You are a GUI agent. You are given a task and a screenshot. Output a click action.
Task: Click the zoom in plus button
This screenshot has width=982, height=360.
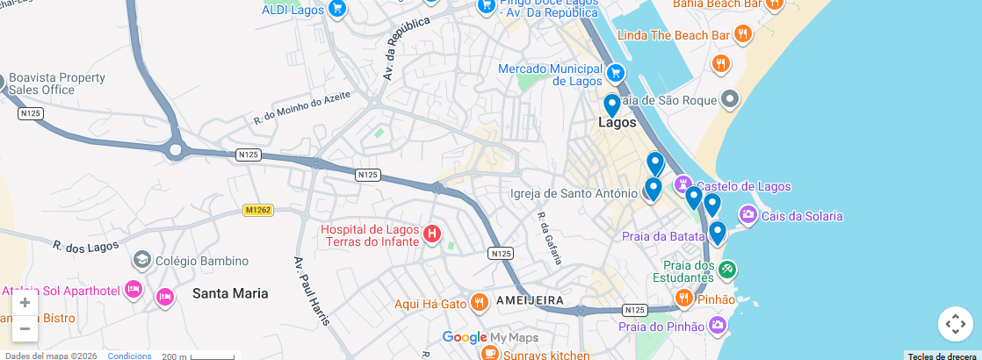coord(25,303)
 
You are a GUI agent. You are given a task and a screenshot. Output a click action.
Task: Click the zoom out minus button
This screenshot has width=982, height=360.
coord(25,329)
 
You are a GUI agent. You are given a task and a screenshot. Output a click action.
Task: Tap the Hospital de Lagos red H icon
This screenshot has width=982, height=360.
coord(432,234)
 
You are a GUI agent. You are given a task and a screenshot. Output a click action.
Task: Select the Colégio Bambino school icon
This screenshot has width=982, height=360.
coord(141,260)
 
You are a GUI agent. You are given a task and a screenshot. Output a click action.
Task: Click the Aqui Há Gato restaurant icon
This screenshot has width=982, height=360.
coord(479,303)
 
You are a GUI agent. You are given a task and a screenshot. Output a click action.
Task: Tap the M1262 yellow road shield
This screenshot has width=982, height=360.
coord(258,210)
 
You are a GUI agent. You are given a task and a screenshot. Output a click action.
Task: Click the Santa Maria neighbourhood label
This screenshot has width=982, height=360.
coord(230,293)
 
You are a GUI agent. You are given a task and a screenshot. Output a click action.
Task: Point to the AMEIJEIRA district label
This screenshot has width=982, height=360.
coord(530,300)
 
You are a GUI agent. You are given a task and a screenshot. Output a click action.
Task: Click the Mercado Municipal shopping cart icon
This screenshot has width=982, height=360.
coord(616,73)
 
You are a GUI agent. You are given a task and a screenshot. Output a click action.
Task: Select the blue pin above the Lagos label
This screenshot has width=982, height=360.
coord(612,105)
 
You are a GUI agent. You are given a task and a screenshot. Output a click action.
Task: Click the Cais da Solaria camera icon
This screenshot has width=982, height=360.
coord(747,214)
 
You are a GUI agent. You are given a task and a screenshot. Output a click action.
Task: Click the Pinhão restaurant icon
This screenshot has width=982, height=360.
coord(683,299)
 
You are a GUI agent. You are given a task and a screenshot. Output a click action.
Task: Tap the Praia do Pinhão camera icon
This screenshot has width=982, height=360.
coord(718,326)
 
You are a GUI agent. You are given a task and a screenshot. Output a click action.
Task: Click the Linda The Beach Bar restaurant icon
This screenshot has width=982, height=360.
coord(743,35)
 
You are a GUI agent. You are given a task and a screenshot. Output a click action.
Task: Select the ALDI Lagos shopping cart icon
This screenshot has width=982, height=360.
coord(337,9)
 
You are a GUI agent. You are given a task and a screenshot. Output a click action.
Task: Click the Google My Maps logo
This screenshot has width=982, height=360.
coord(489,337)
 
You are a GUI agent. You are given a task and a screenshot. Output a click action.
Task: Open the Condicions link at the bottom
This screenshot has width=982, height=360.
coord(129,356)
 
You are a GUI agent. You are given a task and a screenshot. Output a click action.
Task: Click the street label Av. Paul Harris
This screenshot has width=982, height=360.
coord(312,291)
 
